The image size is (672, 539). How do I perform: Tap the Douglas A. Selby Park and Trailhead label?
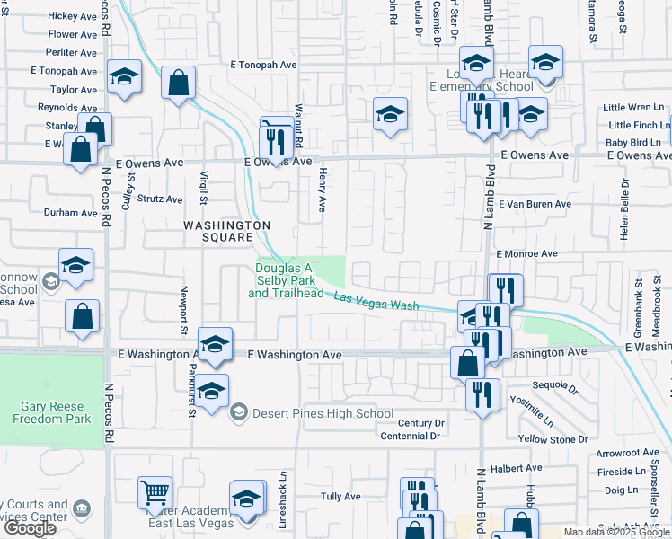pyautogui.click(x=286, y=280)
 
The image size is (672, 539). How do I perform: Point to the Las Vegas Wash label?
pyautogui.click(x=376, y=301)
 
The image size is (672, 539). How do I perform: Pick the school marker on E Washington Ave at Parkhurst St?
pyautogui.click(x=215, y=345)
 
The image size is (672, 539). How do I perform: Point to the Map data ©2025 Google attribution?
pyautogui.click(x=616, y=532)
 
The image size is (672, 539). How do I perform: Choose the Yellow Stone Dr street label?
pyautogui.click(x=553, y=439)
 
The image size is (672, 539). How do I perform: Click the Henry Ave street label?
pyautogui.click(x=321, y=191)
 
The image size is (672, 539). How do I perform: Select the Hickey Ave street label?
pyautogui.click(x=73, y=16)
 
